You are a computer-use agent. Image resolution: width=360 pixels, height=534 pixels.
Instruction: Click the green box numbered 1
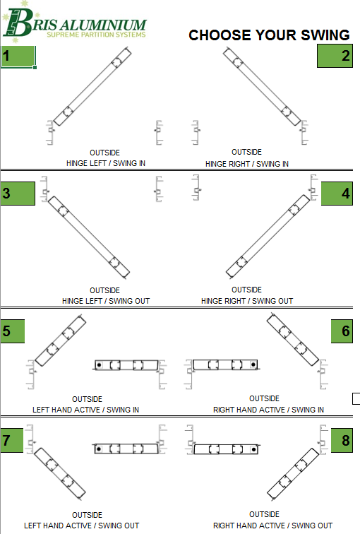point(18,56)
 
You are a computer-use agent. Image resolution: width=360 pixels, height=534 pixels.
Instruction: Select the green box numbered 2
point(335,56)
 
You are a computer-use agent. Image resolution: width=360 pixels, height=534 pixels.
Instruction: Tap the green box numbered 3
point(18,194)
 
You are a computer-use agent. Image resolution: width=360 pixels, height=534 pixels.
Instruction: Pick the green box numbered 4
point(337,194)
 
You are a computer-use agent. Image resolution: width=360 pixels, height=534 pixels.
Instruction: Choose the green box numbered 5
point(13,331)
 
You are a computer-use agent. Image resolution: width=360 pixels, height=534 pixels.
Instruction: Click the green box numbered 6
point(342,331)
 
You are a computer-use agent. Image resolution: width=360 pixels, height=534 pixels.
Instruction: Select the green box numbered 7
point(12,440)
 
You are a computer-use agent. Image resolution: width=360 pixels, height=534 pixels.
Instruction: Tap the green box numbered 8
point(342,440)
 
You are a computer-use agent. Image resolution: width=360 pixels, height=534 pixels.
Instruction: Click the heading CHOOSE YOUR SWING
point(269,35)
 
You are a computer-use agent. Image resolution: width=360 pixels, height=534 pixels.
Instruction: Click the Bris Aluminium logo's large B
point(18,23)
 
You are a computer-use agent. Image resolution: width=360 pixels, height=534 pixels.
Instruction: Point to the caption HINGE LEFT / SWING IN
point(106,163)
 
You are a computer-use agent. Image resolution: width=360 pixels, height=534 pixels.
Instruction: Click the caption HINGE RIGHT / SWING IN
point(247,164)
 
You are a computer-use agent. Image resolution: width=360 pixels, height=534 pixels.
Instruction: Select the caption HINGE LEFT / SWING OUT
point(106,301)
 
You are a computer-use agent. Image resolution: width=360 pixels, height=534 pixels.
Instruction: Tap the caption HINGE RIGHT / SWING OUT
point(247,301)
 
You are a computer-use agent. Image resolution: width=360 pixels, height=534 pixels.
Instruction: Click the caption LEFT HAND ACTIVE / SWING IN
point(85,410)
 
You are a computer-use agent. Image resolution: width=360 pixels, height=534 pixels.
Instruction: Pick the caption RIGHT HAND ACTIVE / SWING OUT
point(273,526)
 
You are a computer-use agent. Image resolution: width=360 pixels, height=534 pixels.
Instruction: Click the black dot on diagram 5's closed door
point(99,365)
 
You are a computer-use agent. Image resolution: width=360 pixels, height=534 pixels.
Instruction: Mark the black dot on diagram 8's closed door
point(253,449)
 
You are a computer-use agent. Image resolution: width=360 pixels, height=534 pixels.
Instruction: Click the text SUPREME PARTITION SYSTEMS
point(96,35)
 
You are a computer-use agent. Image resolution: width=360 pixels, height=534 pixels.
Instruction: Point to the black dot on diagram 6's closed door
point(253,364)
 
